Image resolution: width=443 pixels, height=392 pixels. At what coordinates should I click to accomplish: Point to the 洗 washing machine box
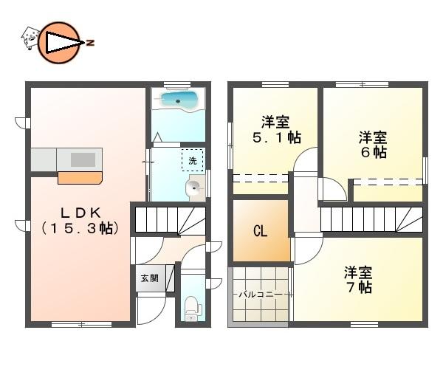tap(193, 160)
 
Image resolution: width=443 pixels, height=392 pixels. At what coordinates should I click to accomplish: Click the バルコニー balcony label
tap(258, 294)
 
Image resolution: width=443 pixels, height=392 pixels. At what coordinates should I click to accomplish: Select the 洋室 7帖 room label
tap(358, 279)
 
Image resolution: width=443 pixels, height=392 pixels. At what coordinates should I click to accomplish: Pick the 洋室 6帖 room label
tap(374, 144)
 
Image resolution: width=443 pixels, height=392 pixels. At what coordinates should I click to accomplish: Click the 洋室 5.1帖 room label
tap(275, 129)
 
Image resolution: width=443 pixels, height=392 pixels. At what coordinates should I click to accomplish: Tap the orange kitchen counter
tap(79, 177)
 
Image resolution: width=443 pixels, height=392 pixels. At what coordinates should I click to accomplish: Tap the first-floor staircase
tap(169, 220)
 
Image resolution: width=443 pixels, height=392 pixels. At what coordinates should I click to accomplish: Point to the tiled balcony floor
tap(260, 310)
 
